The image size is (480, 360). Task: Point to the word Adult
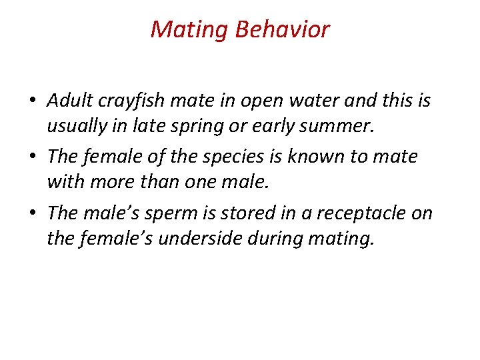69,101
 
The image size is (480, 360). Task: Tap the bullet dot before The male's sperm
33,214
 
